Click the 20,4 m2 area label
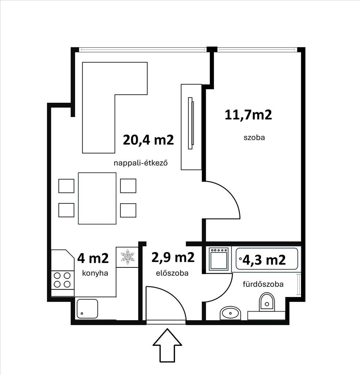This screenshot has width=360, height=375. (148, 140)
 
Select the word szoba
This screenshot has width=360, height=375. (254, 138)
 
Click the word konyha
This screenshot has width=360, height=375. (95, 273)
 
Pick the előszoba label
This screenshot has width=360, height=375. (172, 273)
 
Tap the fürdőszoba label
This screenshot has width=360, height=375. (263, 284)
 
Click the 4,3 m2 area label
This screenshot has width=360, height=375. (264, 259)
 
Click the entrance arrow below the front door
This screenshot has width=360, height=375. (167, 345)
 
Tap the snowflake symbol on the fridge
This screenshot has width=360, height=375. (128, 256)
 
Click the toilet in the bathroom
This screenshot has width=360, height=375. (267, 302)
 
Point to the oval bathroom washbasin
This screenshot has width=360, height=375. (230, 313)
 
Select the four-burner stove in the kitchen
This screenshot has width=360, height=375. (62, 280)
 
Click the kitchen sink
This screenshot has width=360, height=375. (87, 309)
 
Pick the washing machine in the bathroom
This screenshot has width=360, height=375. (218, 259)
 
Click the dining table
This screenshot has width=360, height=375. (97, 198)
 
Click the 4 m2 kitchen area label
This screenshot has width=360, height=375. (93, 258)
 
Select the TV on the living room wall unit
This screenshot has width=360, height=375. (191, 123)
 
